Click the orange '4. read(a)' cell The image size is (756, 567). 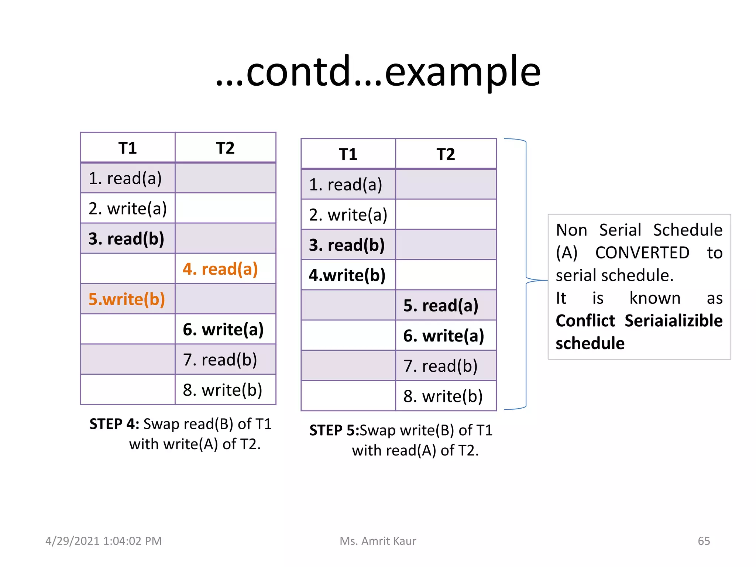pos(220,269)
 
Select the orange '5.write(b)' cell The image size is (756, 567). pos(127,299)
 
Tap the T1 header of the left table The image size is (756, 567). pos(128,148)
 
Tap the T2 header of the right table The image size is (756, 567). pos(446,154)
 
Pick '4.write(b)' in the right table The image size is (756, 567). pos(347,275)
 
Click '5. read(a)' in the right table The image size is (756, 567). pos(441,306)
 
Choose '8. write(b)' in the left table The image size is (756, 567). pos(223,390)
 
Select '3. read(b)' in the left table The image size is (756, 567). pos(126,239)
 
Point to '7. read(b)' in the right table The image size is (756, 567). pos(440,366)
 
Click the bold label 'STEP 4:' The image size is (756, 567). pos(114,424)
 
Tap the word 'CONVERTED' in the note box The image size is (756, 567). pos(642,253)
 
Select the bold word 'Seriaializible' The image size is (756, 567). pos(673,321)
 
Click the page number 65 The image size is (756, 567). pos(704,541)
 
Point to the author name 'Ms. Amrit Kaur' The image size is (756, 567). pos(378,541)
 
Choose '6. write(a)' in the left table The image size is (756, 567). pos(223,329)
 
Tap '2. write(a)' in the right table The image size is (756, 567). pos(348,215)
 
